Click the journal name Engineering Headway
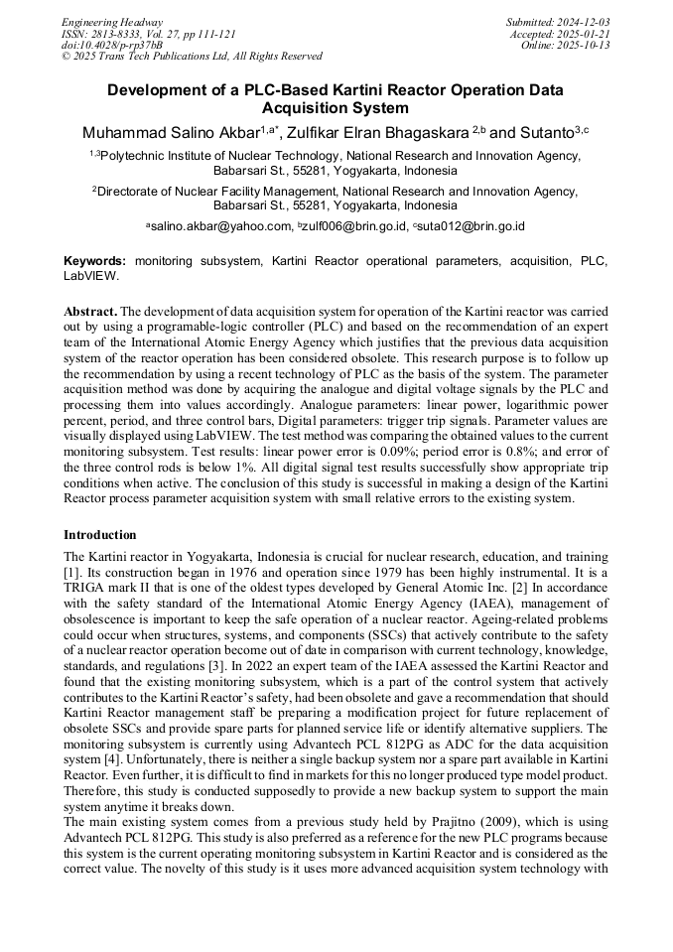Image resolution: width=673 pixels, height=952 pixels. (112, 22)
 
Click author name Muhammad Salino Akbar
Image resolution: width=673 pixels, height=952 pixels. (170, 132)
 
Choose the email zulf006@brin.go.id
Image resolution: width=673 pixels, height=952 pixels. (354, 227)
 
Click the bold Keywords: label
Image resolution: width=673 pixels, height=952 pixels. (95, 260)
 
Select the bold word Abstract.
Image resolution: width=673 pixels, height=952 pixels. (90, 311)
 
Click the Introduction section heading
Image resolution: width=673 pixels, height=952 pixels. (100, 535)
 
